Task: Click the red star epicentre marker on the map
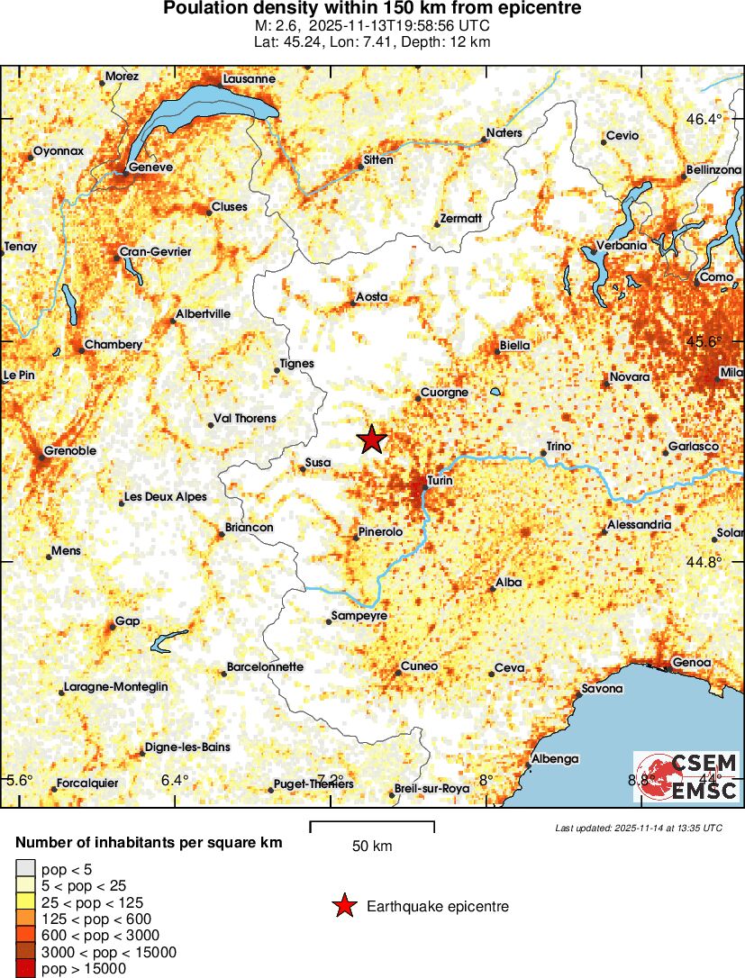(x=371, y=439)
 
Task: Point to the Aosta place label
(x=372, y=296)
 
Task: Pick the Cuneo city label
(x=420, y=666)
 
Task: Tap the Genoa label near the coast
(x=691, y=663)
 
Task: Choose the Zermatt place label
(x=460, y=219)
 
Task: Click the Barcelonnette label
(x=265, y=667)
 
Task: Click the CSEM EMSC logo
(x=686, y=777)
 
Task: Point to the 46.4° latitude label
(x=704, y=120)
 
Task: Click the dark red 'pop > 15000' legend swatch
(x=25, y=969)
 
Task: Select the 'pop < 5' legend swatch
(x=25, y=868)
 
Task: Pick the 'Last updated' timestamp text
(x=638, y=828)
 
